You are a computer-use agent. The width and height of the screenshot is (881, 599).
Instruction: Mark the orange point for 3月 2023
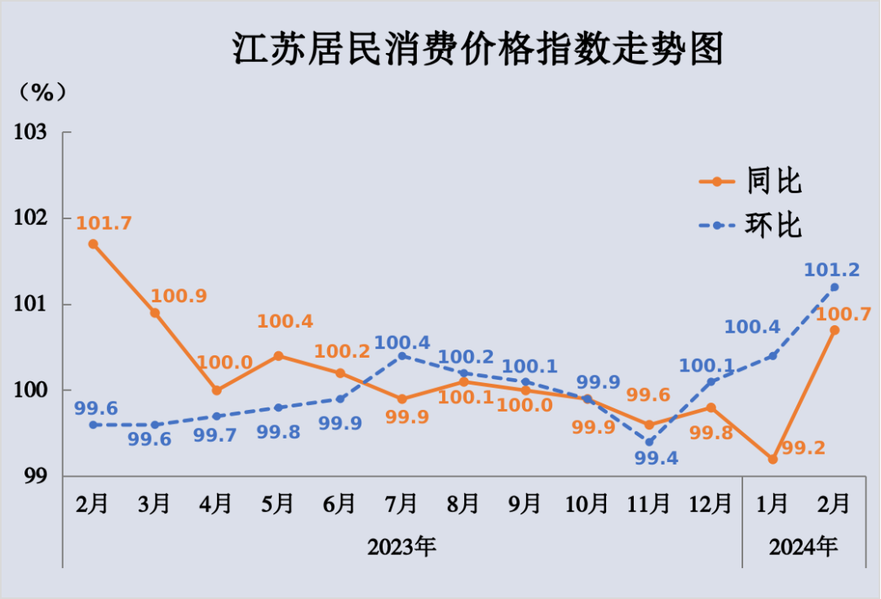(155, 312)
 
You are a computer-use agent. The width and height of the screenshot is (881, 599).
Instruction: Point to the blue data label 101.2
(832, 269)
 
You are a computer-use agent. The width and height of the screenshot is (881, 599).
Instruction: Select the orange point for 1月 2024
(773, 459)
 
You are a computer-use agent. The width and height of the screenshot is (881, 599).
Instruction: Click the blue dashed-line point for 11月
(649, 442)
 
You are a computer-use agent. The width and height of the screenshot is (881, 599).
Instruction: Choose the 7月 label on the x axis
(401, 504)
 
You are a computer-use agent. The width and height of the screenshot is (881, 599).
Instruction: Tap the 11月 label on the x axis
(649, 504)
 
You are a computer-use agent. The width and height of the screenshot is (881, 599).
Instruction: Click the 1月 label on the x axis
(773, 504)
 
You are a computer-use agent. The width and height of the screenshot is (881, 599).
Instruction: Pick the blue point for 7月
(401, 355)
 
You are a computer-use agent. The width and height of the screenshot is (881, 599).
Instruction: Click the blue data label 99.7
(215, 435)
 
